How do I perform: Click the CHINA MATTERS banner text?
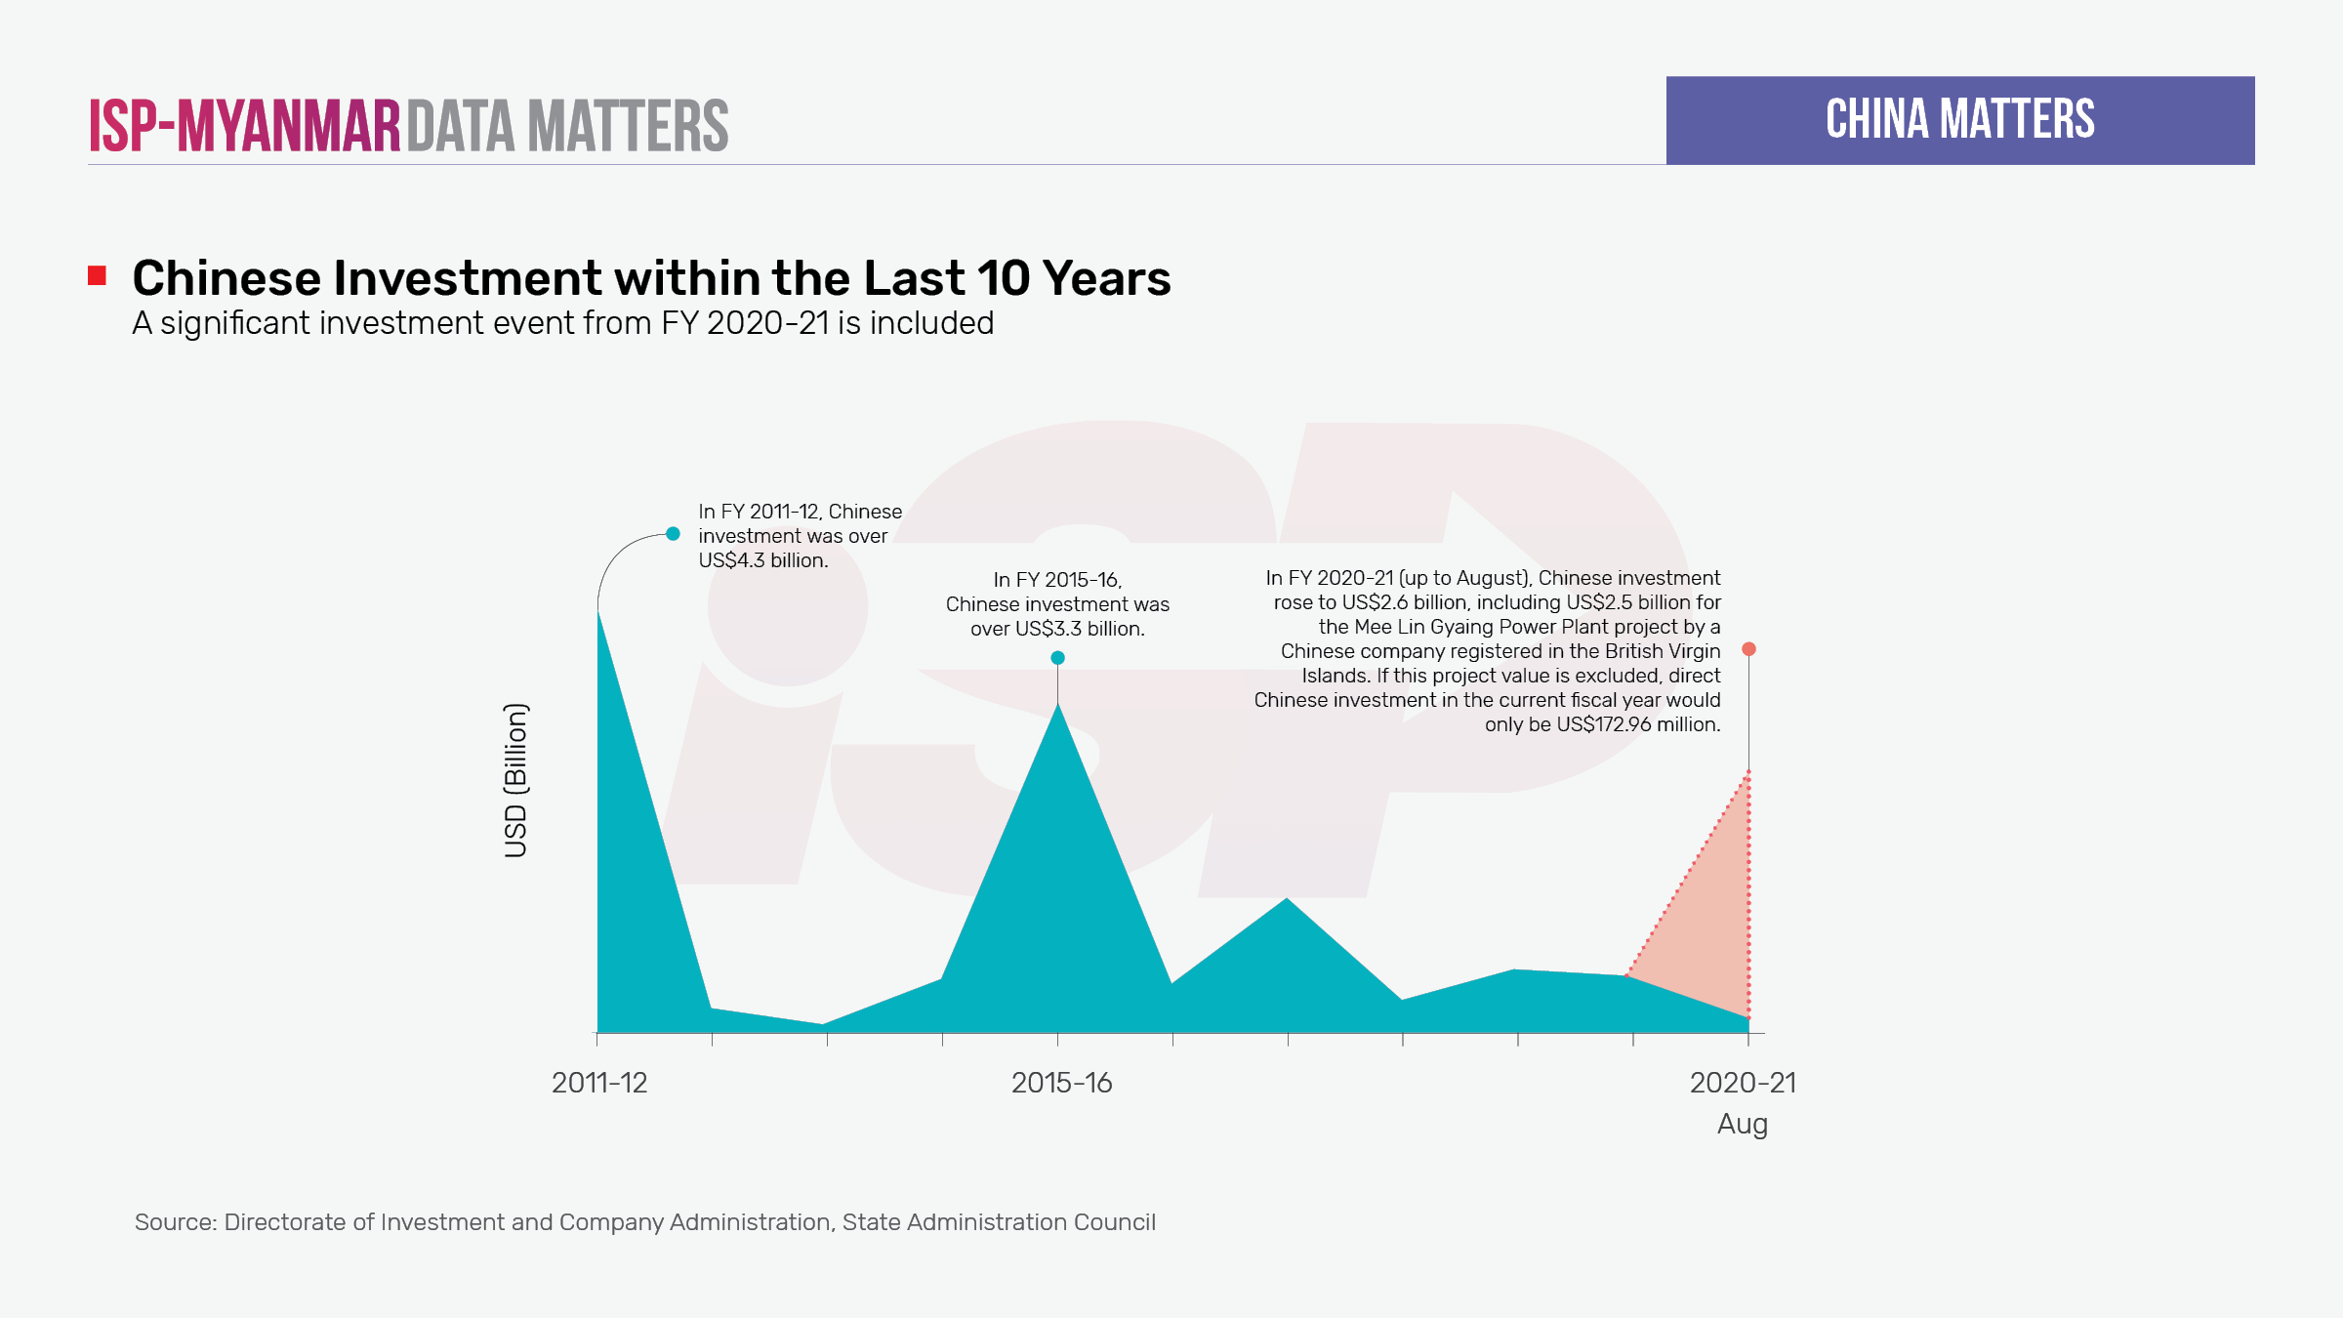tap(1959, 119)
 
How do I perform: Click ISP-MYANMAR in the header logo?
tap(244, 126)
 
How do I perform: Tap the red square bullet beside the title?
tap(97, 276)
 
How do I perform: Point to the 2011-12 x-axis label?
tap(599, 1083)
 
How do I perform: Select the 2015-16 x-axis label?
tap(1061, 1083)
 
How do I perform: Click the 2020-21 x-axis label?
tap(1743, 1083)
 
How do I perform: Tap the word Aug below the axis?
tap(1743, 1124)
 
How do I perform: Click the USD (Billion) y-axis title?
tap(515, 780)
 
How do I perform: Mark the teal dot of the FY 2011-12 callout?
tap(673, 534)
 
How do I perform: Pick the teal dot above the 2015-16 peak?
tap(1057, 658)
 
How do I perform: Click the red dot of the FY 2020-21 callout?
tap(1748, 649)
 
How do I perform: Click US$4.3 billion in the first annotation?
tap(762, 560)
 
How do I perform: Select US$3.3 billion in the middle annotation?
tap(1079, 629)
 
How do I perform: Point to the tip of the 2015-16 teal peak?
tap(1057, 705)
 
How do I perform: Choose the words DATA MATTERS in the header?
tap(567, 126)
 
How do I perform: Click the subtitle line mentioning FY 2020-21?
tap(562, 323)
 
